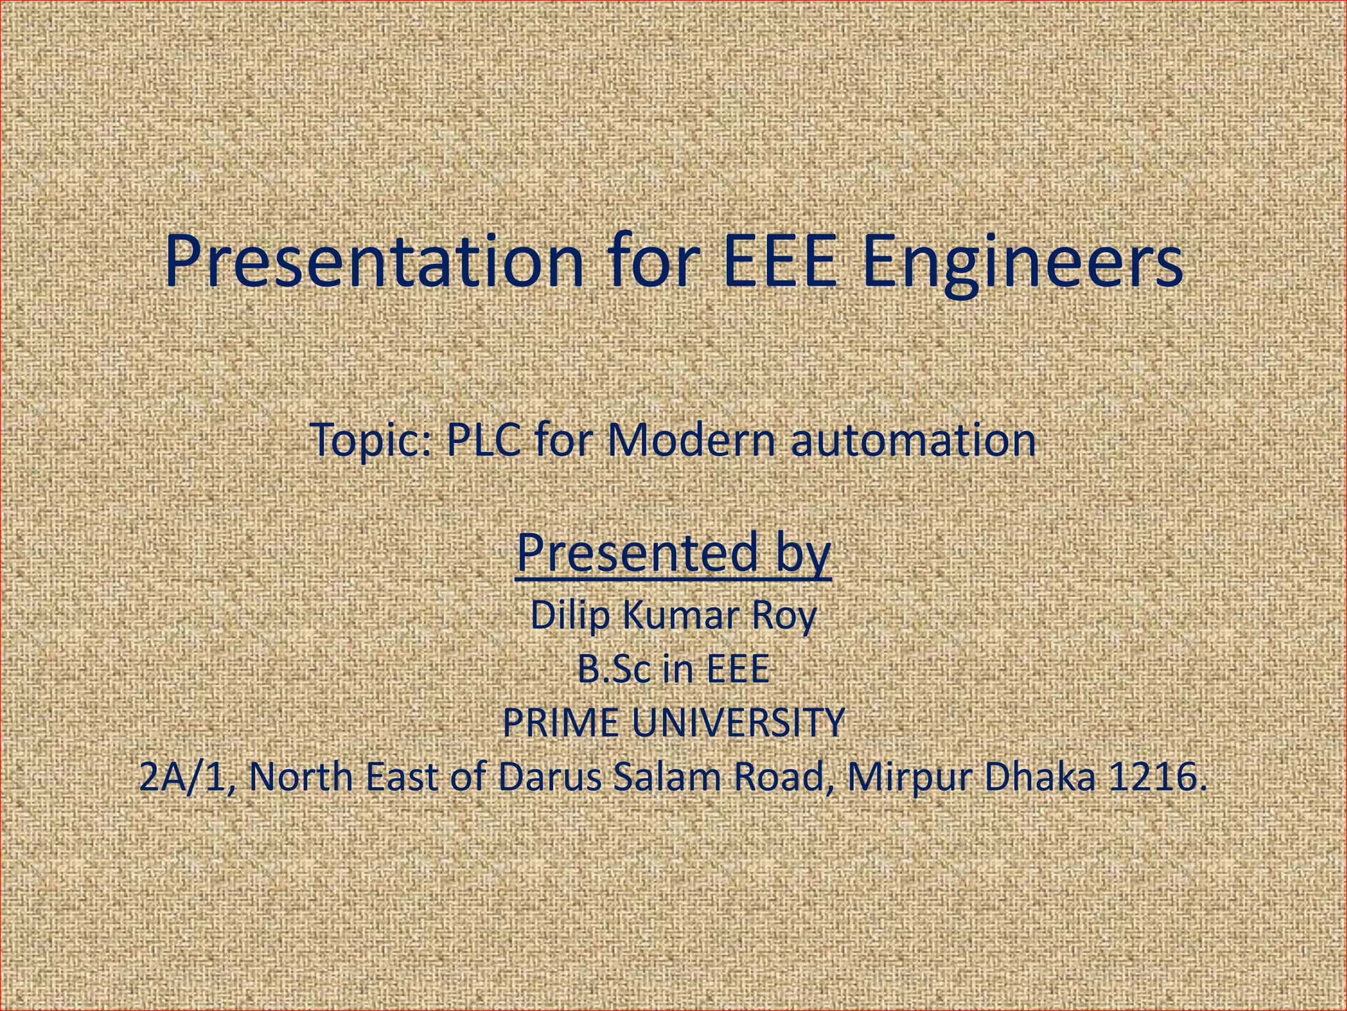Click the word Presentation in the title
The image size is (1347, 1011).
pos(374,262)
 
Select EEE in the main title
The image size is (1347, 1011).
pos(780,262)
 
